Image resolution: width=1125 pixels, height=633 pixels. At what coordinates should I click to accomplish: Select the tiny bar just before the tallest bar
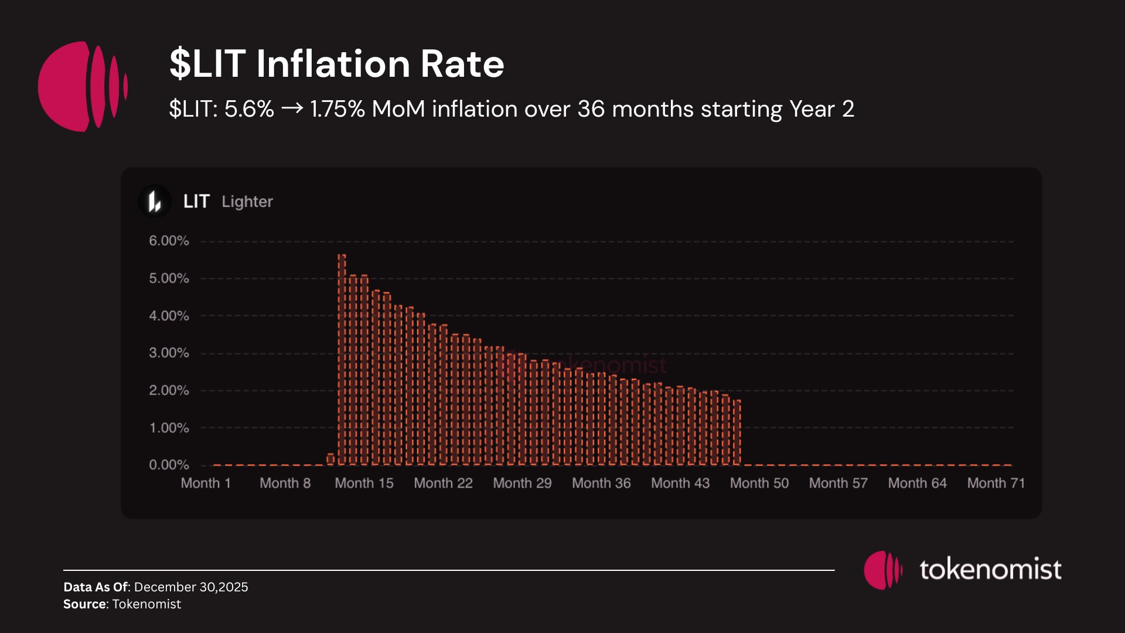click(x=330, y=459)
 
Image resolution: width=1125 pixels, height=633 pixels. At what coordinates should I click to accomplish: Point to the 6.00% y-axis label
click(x=169, y=241)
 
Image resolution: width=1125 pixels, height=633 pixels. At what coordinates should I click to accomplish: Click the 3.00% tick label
click(x=169, y=353)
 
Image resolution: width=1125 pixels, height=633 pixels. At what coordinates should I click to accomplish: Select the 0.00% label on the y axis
click(x=169, y=465)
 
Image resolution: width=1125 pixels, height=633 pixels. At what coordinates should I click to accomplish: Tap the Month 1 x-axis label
click(x=206, y=483)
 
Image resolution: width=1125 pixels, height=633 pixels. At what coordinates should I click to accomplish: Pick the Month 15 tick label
click(x=364, y=483)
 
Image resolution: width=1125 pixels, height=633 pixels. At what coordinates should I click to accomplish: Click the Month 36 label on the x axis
click(x=601, y=483)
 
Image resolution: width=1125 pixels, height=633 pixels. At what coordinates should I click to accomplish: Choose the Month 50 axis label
click(x=759, y=483)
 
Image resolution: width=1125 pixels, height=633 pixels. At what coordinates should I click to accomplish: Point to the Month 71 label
click(x=996, y=483)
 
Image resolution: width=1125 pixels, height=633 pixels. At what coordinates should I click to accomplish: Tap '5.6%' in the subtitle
click(x=249, y=109)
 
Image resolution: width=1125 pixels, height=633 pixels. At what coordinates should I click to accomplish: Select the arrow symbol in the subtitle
click(x=292, y=108)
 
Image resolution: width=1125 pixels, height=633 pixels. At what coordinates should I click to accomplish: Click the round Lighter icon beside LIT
click(x=155, y=202)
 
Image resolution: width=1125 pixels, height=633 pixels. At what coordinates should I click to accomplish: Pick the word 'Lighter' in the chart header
click(x=247, y=202)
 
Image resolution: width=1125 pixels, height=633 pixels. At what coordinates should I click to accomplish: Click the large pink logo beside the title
click(x=82, y=86)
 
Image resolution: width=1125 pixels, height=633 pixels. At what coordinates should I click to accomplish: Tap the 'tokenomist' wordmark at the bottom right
click(x=990, y=569)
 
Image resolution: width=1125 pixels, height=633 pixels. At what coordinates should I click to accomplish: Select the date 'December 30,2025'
click(x=191, y=587)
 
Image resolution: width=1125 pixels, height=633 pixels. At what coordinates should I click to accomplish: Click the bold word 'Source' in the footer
click(x=85, y=604)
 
